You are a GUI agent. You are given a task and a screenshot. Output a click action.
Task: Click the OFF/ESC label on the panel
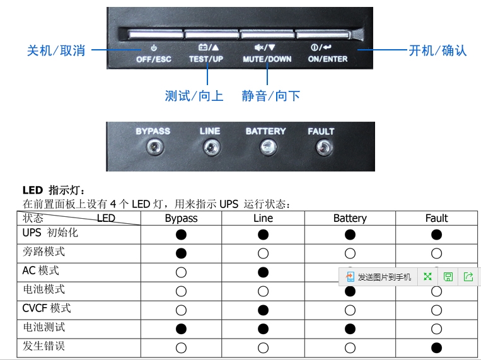pos(154,59)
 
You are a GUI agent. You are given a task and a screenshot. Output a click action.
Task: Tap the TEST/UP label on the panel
pos(206,59)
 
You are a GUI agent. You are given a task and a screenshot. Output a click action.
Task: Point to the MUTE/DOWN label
pos(267,59)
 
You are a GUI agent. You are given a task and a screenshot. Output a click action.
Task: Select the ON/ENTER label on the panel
pos(328,59)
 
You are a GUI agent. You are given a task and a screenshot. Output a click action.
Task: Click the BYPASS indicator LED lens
pos(155,148)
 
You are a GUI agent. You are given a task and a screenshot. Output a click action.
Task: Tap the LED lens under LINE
pos(212,148)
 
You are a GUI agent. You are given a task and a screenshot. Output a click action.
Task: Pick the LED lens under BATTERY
pos(269,148)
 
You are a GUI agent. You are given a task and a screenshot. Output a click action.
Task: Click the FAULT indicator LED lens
pos(324,148)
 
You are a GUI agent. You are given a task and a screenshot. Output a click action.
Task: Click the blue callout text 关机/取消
pos(56,50)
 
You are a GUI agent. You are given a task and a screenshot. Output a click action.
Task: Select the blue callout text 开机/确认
pos(438,50)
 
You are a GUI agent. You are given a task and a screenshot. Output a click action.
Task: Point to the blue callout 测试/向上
pos(194,96)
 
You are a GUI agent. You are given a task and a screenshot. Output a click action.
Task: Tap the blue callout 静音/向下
pos(270,96)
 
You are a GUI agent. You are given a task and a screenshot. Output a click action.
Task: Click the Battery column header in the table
pos(350,218)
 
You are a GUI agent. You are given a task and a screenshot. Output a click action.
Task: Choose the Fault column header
pos(436,218)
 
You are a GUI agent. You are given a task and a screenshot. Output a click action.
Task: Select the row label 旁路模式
pos(43,252)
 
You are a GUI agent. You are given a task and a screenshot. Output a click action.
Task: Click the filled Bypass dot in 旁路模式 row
pos(181,253)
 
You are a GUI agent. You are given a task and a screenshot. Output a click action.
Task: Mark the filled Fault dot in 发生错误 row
pos(436,348)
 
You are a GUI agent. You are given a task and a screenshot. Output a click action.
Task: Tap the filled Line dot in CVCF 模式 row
pos(264,310)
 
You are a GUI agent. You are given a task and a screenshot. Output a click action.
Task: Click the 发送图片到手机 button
pos(378,277)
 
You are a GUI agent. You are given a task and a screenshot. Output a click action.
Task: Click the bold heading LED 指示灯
pos(54,190)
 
